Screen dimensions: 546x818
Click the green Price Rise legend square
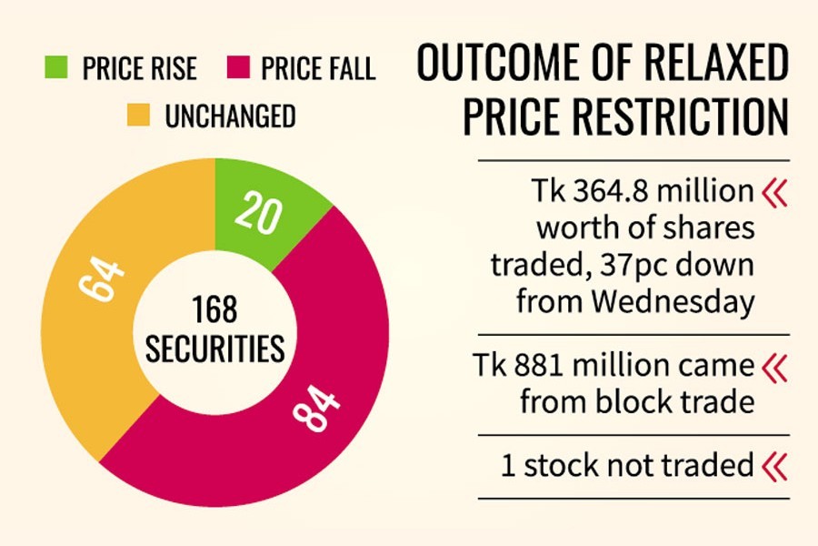(56, 67)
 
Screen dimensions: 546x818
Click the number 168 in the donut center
(215, 310)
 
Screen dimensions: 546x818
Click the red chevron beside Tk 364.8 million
(775, 192)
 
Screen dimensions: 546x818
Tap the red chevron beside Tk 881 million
(775, 367)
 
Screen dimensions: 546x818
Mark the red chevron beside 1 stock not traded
(775, 466)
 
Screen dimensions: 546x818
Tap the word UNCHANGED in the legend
(229, 116)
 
